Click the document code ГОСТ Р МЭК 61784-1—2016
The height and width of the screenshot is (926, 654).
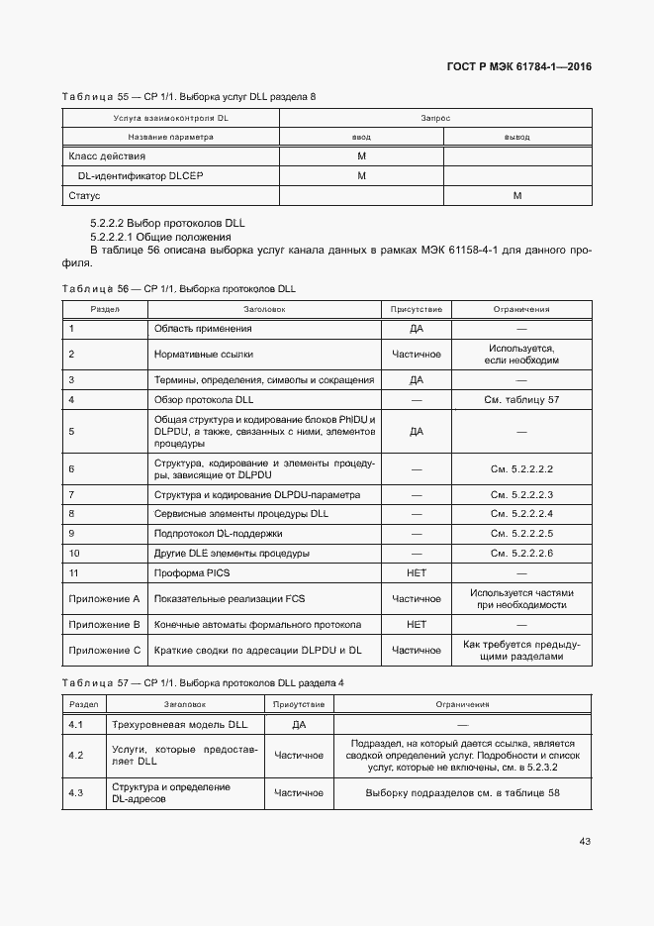[520, 67]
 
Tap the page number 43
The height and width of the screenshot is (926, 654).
[585, 842]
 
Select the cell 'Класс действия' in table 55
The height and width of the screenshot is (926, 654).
[107, 156]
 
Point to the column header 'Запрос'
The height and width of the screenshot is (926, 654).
[435, 118]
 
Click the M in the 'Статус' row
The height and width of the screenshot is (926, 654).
[516, 196]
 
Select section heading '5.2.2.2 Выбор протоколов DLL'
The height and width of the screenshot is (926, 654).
[166, 224]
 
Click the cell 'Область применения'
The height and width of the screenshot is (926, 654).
[203, 328]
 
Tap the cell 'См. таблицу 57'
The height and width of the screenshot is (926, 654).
[521, 400]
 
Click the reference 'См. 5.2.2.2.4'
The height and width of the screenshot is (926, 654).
[521, 514]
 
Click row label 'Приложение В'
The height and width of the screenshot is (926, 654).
[104, 625]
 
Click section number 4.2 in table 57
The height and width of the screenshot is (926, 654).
[75, 756]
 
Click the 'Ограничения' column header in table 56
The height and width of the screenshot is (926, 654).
[521, 309]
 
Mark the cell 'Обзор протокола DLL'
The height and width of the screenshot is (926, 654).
[205, 400]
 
